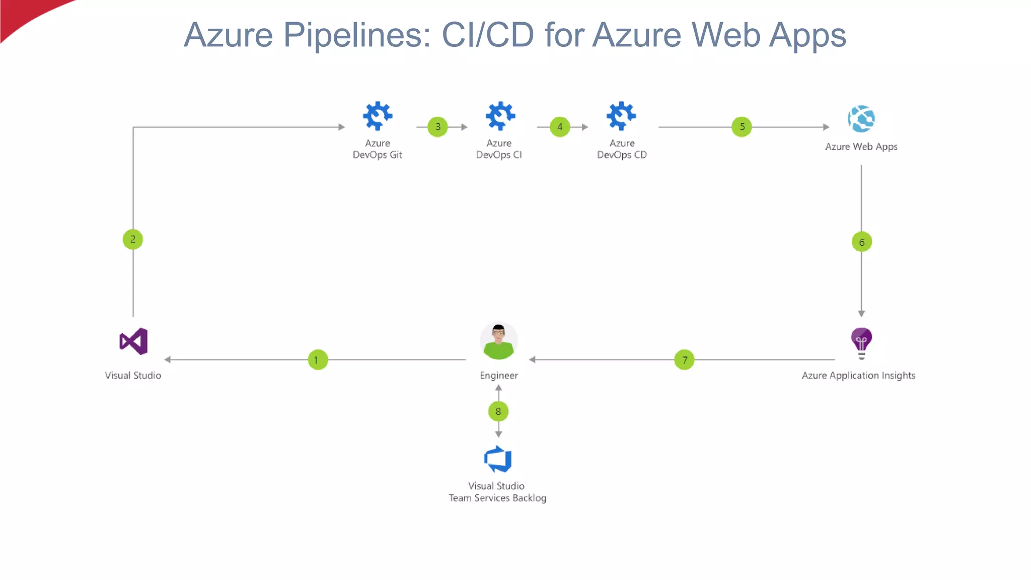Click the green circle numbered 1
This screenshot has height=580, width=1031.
pos(318,360)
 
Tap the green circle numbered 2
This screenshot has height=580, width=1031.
pos(133,239)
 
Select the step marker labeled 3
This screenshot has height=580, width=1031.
pos(438,127)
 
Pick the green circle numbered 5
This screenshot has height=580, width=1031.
pos(742,127)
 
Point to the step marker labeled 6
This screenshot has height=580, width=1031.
pos(862,242)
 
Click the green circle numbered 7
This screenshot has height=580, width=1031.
pos(685,360)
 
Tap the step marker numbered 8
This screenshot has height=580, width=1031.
pos(498,411)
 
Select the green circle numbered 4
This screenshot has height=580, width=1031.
pos(560,127)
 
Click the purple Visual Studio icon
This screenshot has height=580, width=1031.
pos(134,341)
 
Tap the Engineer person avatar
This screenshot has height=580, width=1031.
pos(499,341)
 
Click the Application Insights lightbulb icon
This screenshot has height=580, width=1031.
pos(861,343)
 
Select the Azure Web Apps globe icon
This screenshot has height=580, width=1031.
pos(861,119)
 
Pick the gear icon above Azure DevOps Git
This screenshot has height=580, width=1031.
pos(378,116)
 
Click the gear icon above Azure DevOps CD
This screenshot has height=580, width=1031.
pos(621,116)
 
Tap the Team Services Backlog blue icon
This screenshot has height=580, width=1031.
pos(498,459)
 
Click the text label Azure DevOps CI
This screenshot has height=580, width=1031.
pos(499,149)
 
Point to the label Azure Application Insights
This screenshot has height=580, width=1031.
pos(858,376)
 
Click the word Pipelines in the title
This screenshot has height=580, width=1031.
pos(357,35)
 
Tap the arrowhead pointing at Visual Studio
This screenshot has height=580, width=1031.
pos(168,359)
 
